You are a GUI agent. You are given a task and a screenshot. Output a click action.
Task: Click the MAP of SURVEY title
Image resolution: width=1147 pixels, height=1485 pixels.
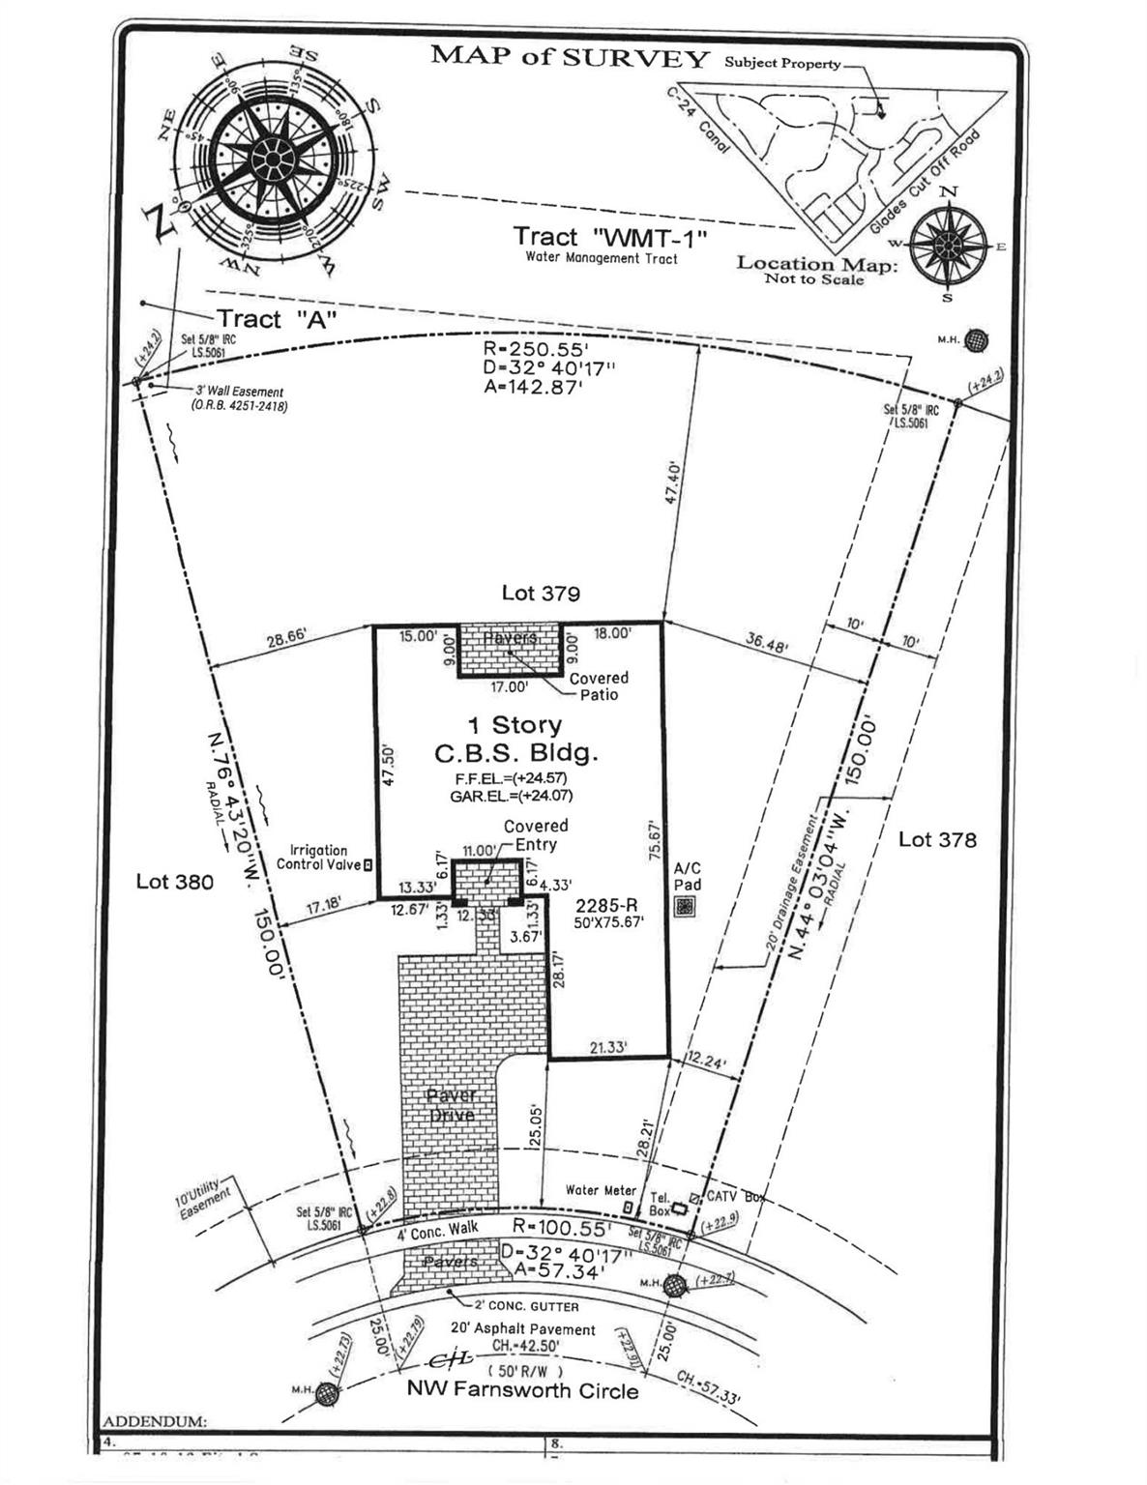click(x=570, y=56)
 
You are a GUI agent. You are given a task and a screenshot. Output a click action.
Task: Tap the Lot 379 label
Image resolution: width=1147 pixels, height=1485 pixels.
click(x=541, y=593)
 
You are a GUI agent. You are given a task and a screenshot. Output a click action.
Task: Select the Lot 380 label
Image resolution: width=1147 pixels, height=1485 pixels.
click(x=174, y=881)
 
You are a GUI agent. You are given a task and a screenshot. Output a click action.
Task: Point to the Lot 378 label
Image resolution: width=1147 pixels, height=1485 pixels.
click(x=937, y=839)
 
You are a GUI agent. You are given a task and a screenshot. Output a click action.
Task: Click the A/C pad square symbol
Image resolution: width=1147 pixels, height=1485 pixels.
click(x=686, y=907)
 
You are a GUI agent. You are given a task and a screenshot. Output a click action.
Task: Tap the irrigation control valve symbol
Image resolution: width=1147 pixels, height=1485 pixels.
click(x=368, y=864)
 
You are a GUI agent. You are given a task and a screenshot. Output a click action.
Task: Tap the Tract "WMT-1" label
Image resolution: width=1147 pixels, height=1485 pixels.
click(x=610, y=237)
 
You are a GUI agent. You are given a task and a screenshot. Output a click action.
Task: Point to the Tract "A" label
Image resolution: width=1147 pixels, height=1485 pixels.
click(x=276, y=319)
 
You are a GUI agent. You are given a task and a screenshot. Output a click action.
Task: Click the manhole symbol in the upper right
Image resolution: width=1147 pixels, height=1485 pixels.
click(x=978, y=340)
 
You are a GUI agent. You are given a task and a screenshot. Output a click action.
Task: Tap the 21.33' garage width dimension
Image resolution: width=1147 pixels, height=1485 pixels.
click(x=608, y=1047)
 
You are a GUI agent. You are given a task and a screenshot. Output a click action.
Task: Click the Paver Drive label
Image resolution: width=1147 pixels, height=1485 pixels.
click(x=451, y=1105)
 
